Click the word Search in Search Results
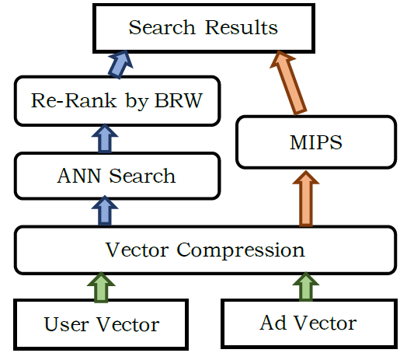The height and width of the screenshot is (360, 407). click(162, 27)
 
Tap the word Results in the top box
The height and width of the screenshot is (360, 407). click(241, 27)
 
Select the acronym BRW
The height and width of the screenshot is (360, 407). click(179, 100)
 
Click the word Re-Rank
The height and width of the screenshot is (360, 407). click(74, 100)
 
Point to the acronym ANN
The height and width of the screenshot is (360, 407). click(79, 176)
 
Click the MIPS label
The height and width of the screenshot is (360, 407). click(315, 142)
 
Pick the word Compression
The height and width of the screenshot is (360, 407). click(241, 250)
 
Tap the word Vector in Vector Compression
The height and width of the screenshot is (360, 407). click(137, 250)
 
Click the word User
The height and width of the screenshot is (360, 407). click(67, 324)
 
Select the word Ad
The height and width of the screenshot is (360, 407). click(273, 323)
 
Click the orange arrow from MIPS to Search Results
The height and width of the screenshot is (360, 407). click(288, 82)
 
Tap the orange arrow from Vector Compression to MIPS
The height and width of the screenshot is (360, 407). click(306, 198)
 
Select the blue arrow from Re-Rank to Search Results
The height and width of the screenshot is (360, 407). click(120, 65)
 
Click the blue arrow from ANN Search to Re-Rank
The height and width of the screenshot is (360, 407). click(105, 138)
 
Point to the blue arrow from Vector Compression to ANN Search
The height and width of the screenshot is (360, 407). click(105, 210)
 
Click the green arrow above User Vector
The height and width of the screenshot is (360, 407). click(101, 287)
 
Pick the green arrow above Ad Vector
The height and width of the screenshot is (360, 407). click(306, 287)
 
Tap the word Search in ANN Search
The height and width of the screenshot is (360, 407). click(142, 176)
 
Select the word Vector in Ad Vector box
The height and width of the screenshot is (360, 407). click(325, 323)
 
